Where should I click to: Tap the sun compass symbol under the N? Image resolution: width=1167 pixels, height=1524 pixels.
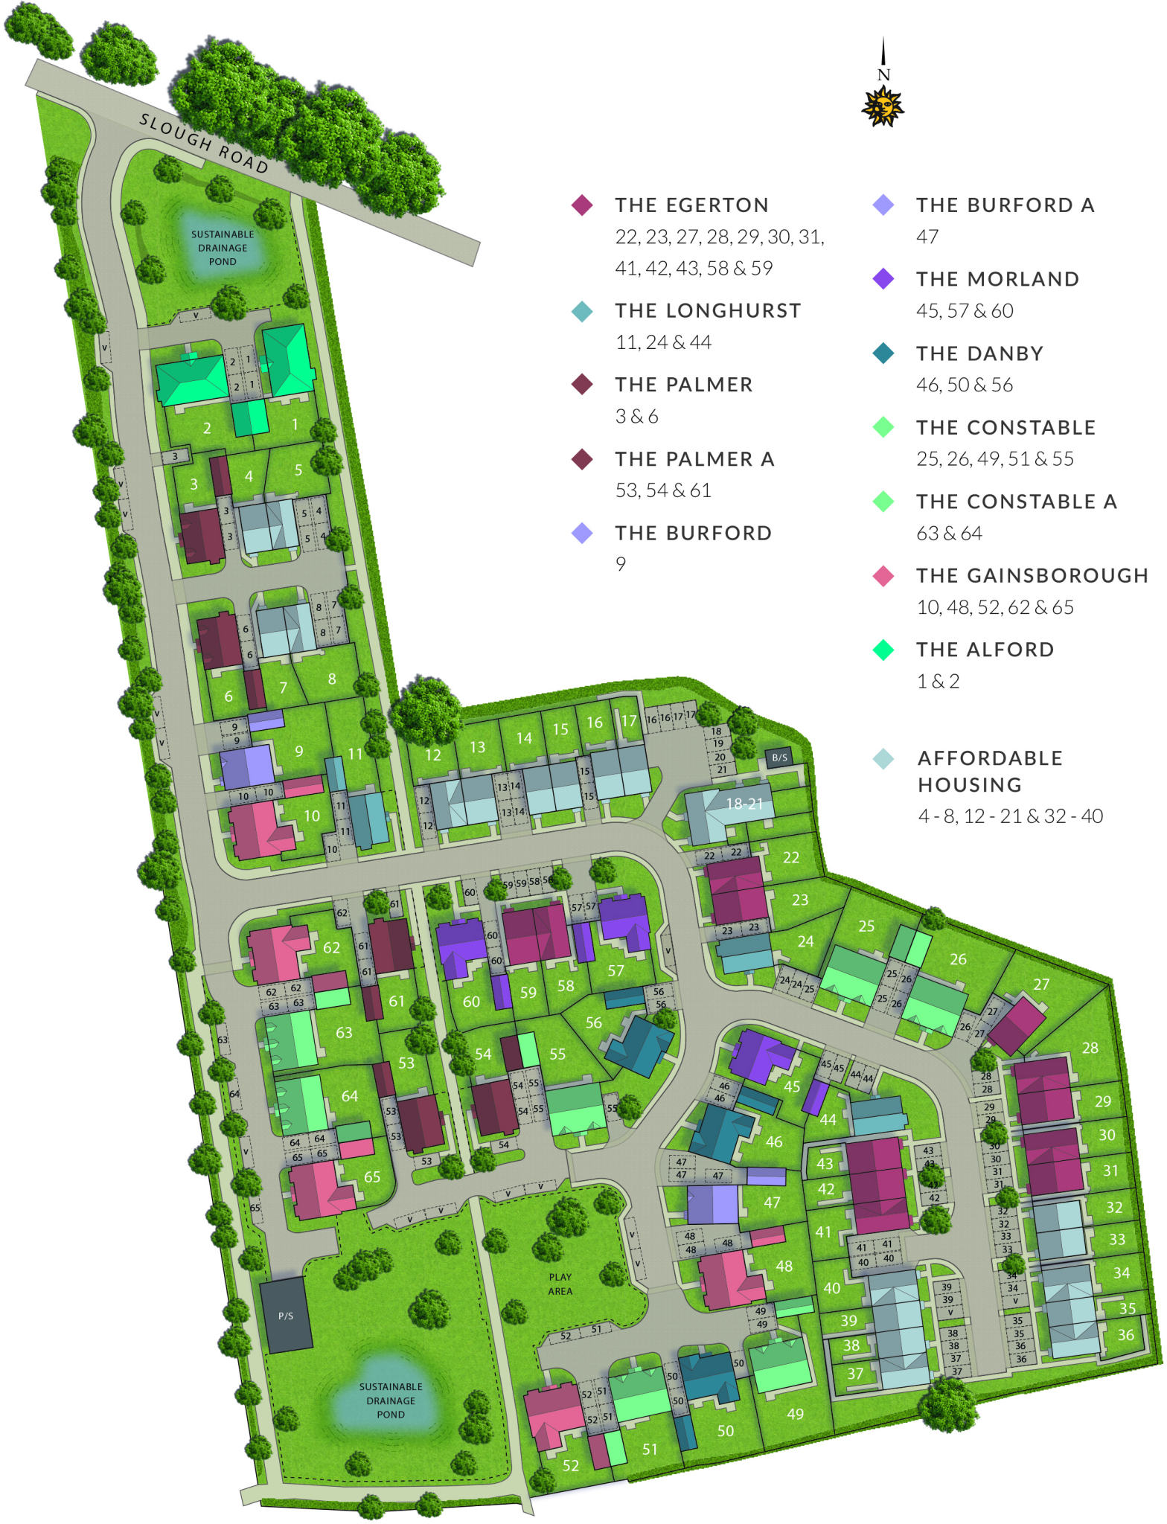pyautogui.click(x=883, y=106)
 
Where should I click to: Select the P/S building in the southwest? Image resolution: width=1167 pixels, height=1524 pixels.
pyautogui.click(x=286, y=1315)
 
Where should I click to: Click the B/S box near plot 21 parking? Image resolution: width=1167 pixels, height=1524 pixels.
pyautogui.click(x=779, y=758)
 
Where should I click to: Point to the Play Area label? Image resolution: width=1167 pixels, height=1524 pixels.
pyautogui.click(x=560, y=1284)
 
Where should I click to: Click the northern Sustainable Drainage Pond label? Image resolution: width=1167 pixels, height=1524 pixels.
pyautogui.click(x=223, y=248)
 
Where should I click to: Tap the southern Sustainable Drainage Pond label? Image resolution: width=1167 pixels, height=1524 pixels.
pyautogui.click(x=391, y=1400)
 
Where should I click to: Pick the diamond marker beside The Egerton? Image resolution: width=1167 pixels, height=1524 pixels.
pyautogui.click(x=582, y=205)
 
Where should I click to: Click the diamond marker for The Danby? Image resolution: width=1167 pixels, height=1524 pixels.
pyautogui.click(x=883, y=353)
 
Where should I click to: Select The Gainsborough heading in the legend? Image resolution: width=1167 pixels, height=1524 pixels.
pyautogui.click(x=1032, y=575)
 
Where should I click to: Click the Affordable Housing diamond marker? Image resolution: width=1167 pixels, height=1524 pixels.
pyautogui.click(x=883, y=759)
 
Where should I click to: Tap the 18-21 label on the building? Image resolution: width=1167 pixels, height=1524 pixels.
pyautogui.click(x=744, y=804)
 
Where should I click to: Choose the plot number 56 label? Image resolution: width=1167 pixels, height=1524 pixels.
pyautogui.click(x=593, y=1022)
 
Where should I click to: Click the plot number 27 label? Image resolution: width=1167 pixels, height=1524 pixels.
pyautogui.click(x=1041, y=984)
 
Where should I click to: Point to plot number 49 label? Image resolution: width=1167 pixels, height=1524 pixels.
pyautogui.click(x=795, y=1414)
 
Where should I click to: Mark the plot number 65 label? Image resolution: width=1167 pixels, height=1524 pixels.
pyautogui.click(x=372, y=1177)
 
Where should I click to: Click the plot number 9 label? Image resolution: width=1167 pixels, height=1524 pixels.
pyautogui.click(x=298, y=751)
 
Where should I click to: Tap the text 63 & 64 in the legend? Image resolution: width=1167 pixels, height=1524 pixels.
pyautogui.click(x=949, y=534)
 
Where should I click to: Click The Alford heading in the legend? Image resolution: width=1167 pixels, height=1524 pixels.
pyautogui.click(x=985, y=650)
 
